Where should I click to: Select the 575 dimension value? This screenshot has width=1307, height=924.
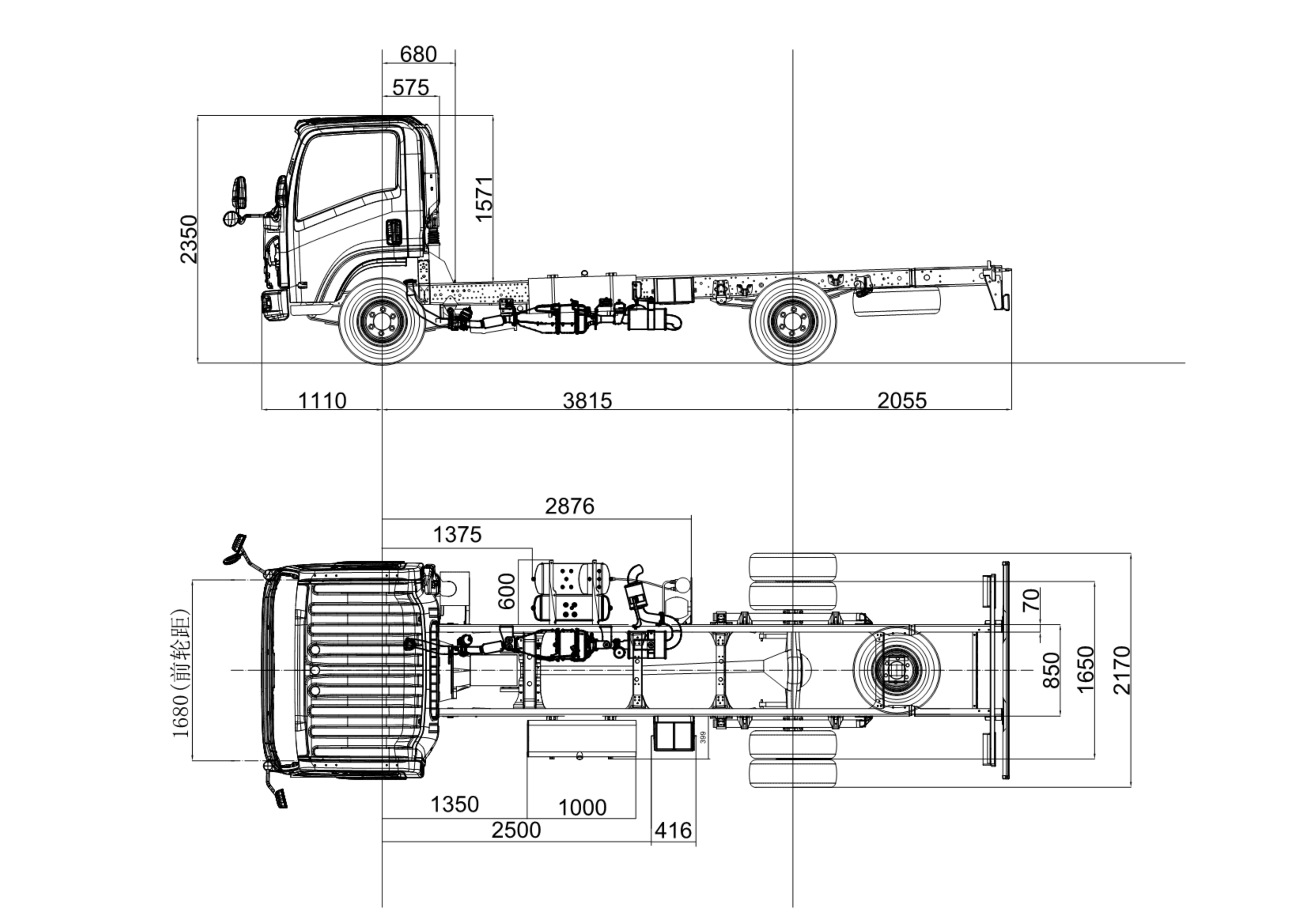[410, 88]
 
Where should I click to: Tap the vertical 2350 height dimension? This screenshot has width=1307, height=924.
[189, 239]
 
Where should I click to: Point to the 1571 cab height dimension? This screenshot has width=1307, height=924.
[484, 199]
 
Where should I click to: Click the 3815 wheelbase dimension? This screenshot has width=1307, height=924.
[587, 401]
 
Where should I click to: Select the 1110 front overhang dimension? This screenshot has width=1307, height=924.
[322, 401]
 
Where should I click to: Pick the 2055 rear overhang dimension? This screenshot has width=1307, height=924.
[902, 401]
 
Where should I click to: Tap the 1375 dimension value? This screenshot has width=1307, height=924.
[457, 535]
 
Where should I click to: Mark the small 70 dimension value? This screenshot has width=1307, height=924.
[1031, 600]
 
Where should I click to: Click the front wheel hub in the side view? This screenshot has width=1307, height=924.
[382, 322]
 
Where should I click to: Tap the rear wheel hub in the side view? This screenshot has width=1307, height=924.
[792, 322]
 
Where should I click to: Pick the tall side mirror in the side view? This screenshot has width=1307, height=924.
[239, 192]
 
